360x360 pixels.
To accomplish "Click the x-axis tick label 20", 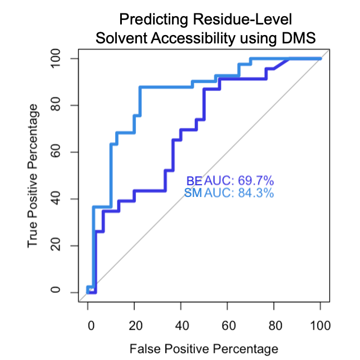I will (x=134, y=324).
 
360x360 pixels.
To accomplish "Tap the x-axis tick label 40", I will (x=181, y=324).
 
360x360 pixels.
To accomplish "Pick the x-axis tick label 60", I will (x=227, y=324).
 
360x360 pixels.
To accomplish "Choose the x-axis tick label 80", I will (x=274, y=324).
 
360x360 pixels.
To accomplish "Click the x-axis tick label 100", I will (x=320, y=324).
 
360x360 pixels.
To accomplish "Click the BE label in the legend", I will (x=194, y=181).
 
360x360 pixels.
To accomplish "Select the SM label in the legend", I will (x=193, y=193).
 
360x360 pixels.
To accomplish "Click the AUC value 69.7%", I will (x=257, y=181).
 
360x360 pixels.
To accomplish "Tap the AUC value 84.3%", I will (x=257, y=193).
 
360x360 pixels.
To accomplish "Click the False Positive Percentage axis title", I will (x=204, y=349).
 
